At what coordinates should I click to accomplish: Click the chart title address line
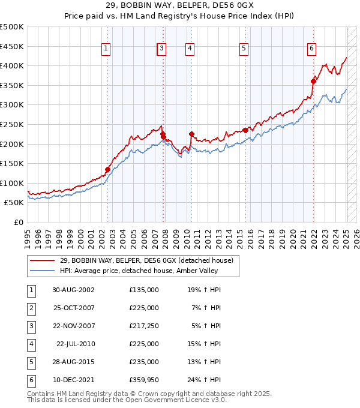[x=180, y=5]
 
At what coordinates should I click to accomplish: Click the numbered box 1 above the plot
[x=106, y=49]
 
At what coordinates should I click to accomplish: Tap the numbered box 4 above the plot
[x=189, y=49]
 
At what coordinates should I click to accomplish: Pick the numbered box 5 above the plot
[x=244, y=49]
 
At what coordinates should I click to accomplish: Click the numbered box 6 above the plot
[x=312, y=49]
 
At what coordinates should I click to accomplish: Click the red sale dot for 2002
[x=108, y=169]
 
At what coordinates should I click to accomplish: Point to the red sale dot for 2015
[x=245, y=130]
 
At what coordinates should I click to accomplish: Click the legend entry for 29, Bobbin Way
[x=150, y=260]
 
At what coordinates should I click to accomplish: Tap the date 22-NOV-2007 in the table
[x=74, y=326]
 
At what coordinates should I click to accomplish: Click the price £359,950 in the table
[x=144, y=380]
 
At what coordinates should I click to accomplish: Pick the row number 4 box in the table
[x=31, y=344]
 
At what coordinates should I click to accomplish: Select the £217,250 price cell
[x=144, y=326]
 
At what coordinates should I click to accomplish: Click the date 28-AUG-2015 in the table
[x=74, y=362]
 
